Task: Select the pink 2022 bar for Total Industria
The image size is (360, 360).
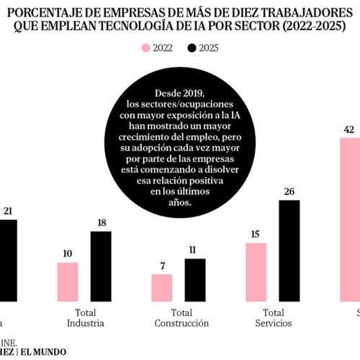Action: (x=68, y=282)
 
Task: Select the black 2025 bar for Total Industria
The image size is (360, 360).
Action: (x=101, y=266)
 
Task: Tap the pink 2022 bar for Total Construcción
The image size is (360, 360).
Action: (x=162, y=287)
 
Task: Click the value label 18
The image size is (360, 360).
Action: (x=101, y=224)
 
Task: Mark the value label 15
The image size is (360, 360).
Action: (x=256, y=235)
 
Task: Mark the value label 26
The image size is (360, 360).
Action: (x=289, y=192)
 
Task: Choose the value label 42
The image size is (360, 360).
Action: (x=350, y=130)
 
